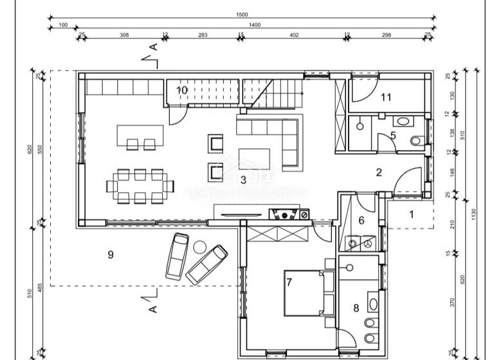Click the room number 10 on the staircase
click(182, 90)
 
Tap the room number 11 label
click(386, 98)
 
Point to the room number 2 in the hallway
click(379, 172)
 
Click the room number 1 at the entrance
click(412, 215)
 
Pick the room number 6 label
click(361, 220)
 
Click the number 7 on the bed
click(289, 282)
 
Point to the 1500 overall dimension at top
click(242, 14)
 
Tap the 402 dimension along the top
click(295, 35)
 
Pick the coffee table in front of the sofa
click(255, 158)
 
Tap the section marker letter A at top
click(153, 47)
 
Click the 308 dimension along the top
click(125, 35)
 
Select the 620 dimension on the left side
click(30, 149)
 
